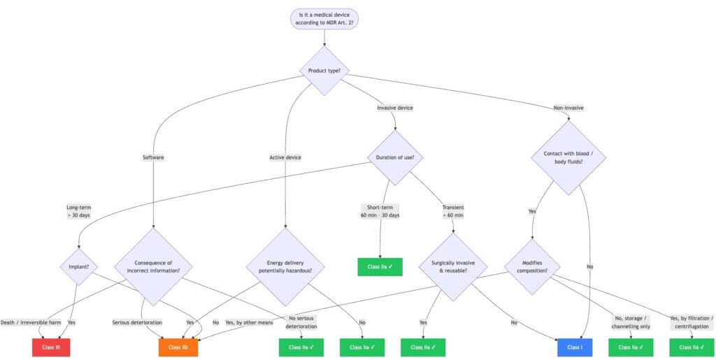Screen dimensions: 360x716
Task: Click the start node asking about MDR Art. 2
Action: (324, 18)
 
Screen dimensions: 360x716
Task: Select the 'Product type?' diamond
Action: (324, 71)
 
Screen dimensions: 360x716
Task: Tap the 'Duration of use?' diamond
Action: (396, 157)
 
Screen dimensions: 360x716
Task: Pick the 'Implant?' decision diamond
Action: (79, 266)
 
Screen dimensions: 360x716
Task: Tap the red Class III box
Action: (51, 347)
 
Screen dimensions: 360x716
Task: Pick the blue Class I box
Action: (575, 347)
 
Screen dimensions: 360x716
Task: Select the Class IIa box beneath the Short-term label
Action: (380, 266)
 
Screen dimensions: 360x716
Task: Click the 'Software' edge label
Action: (153, 157)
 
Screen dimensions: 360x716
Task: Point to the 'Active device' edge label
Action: (285, 157)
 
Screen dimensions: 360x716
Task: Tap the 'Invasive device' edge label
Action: (395, 108)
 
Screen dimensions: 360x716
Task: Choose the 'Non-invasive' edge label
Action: (568, 108)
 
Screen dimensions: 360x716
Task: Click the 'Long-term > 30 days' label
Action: (79, 211)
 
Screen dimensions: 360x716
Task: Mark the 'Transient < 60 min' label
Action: (453, 211)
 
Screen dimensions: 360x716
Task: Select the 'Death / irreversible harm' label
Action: (31, 322)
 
